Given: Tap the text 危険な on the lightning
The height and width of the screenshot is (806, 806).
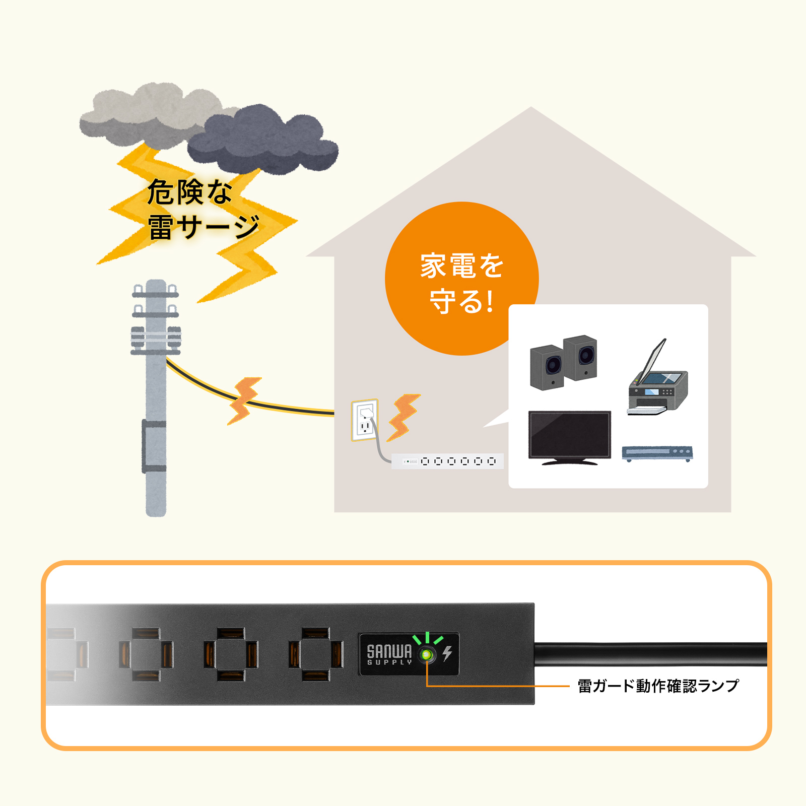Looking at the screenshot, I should (189, 192).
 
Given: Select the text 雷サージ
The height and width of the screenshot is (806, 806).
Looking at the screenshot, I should (204, 227).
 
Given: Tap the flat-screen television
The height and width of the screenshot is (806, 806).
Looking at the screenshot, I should (569, 436).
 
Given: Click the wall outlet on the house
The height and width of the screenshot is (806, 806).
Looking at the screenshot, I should (365, 420).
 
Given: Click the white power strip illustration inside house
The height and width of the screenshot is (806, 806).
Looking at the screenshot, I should (447, 461).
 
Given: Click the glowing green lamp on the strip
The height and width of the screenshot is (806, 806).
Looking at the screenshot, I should (427, 654).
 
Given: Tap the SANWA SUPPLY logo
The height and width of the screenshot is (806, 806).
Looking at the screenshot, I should (389, 654).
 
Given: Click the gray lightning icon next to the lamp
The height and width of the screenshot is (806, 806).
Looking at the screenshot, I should (447, 653).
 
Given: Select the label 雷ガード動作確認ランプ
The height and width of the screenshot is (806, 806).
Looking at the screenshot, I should (657, 686).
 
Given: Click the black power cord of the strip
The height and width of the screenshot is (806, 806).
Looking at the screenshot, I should (650, 654).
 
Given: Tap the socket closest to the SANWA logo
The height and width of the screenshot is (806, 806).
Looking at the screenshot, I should (316, 654).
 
